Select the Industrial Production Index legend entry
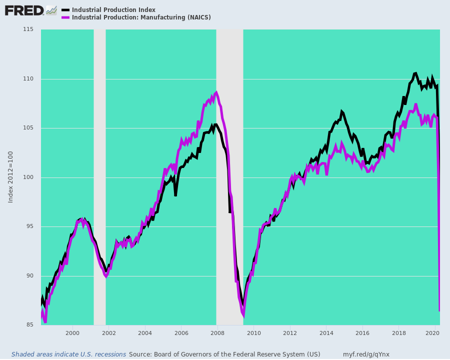pyautogui.click(x=113, y=10)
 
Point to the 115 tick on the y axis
pyautogui.click(x=28, y=29)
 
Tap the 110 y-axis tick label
pyautogui.click(x=28, y=79)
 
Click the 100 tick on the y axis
pyautogui.click(x=28, y=177)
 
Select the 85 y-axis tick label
pyautogui.click(x=29, y=325)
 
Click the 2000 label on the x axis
pyautogui.click(x=72, y=333)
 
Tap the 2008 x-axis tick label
pyautogui.click(x=217, y=333)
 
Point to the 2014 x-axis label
pyautogui.click(x=326, y=333)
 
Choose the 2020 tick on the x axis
pyautogui.click(x=434, y=333)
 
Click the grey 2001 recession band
pyautogui.click(x=99, y=175)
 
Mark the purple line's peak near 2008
pyautogui.click(x=216, y=92)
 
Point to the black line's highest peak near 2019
pyautogui.click(x=415, y=73)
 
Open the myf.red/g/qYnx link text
pyautogui.click(x=366, y=354)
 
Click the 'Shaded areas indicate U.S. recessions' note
pyautogui.click(x=69, y=354)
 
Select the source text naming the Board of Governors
pyautogui.click(x=224, y=354)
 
